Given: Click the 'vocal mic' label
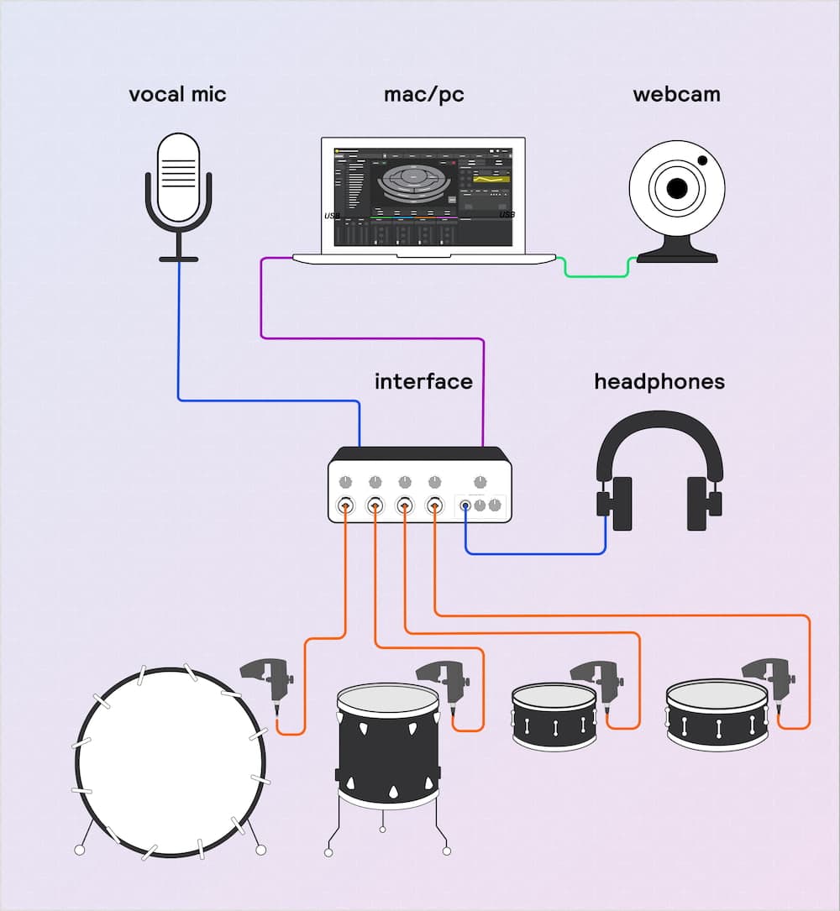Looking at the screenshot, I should click(177, 94).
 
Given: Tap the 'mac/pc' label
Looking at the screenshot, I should click(423, 94).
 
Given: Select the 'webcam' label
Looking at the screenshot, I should click(676, 94).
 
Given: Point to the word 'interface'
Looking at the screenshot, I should click(423, 382).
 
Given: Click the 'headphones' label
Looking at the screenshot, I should click(659, 382).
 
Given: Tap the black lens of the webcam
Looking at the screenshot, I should click(676, 190).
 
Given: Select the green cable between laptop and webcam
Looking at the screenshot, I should click(596, 275).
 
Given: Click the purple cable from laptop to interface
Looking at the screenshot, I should click(370, 338).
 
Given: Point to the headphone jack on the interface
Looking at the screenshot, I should click(465, 505).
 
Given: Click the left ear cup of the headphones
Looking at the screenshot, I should click(621, 504).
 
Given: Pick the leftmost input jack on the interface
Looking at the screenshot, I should click(345, 505).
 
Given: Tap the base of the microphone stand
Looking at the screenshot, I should click(179, 259).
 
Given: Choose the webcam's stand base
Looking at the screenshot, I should click(677, 252).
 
